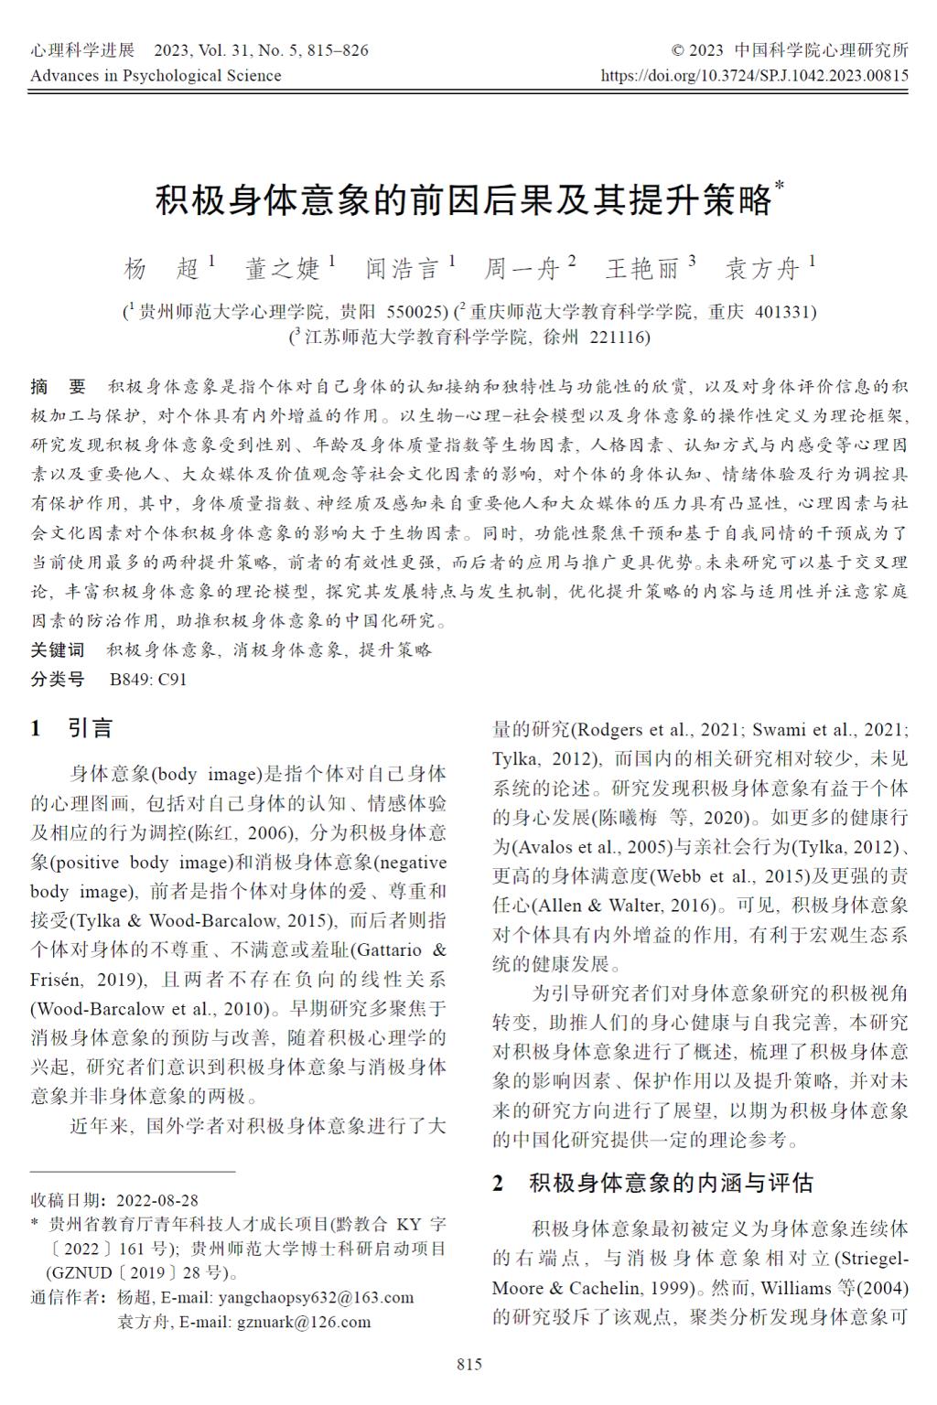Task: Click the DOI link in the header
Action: (755, 75)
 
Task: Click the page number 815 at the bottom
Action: (468, 1365)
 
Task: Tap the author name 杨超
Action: (161, 268)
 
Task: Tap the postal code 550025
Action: (417, 312)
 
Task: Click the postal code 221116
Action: (619, 337)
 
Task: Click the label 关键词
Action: (58, 650)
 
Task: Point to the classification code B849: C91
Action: (148, 680)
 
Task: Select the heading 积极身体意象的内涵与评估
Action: (671, 1183)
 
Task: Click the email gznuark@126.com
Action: (305, 1322)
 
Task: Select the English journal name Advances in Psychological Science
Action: (156, 75)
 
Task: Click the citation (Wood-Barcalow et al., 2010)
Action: (150, 1009)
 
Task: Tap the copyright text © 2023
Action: (697, 50)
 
